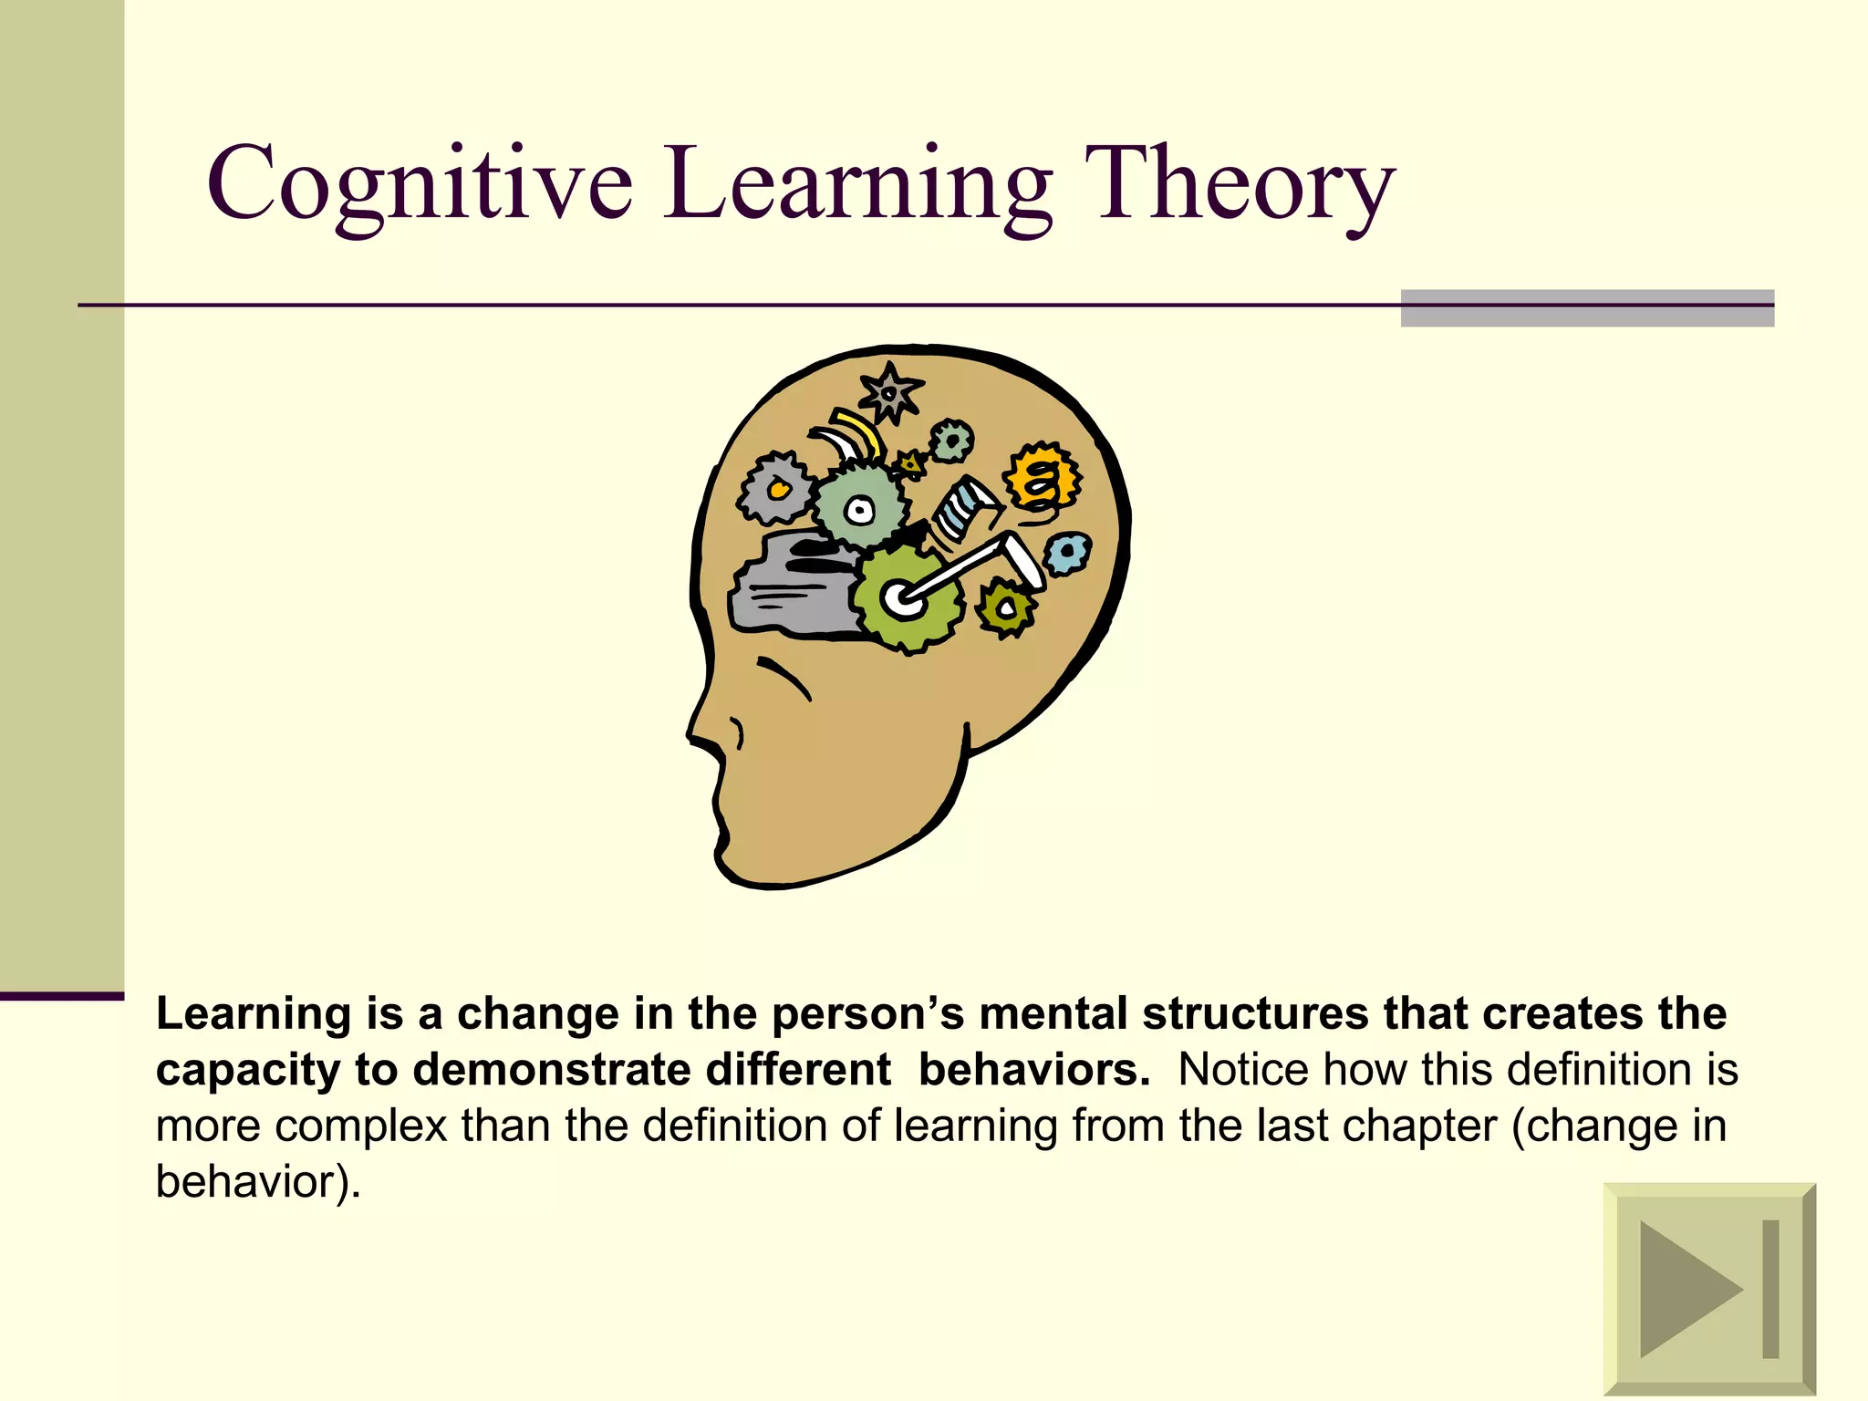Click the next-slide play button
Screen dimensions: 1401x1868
[x=1709, y=1289]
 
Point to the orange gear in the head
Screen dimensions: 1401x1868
[x=1043, y=478]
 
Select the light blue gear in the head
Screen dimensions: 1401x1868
[x=1066, y=552]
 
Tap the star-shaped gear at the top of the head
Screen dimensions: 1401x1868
[x=890, y=393]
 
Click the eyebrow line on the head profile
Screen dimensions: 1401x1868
[x=784, y=677]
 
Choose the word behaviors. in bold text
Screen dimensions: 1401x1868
[x=1034, y=1069]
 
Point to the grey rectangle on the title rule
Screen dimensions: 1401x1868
[x=1587, y=308]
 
